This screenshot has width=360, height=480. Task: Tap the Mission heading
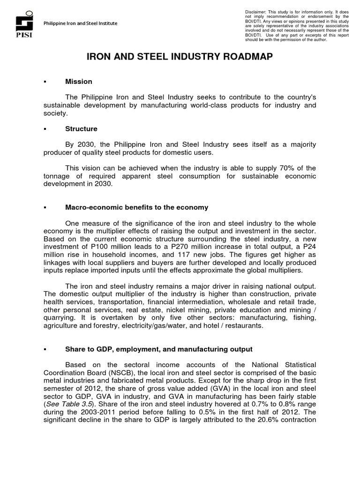[x=78, y=82]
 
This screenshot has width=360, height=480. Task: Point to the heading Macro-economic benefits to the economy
[x=136, y=207]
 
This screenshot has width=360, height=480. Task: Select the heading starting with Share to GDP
[x=158, y=349]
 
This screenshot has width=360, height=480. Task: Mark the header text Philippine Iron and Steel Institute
[x=80, y=23]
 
